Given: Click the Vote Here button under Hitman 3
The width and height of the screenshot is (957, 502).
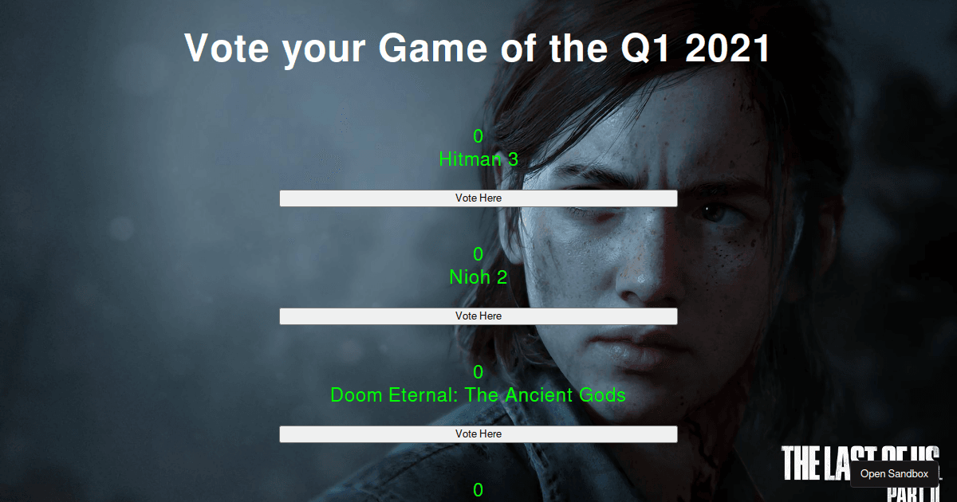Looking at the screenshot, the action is click(478, 198).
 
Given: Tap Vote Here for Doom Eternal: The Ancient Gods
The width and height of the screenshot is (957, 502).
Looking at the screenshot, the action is click(478, 434).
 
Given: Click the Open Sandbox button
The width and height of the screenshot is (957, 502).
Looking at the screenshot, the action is click(894, 474).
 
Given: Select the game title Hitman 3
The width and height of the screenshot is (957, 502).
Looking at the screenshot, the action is click(478, 159).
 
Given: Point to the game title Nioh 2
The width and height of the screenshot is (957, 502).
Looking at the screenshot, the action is click(478, 277).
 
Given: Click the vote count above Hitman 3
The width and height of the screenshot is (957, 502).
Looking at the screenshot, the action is click(478, 136).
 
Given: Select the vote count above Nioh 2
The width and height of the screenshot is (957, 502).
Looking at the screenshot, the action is click(478, 254).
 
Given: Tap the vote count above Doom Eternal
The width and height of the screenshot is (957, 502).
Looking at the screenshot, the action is click(478, 372).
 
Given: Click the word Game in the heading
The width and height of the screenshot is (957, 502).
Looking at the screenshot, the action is click(433, 49).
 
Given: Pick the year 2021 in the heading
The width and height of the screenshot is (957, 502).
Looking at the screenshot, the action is click(727, 49).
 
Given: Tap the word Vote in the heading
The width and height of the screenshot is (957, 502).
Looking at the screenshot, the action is click(226, 49).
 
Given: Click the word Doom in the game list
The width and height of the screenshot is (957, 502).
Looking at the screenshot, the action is click(356, 395).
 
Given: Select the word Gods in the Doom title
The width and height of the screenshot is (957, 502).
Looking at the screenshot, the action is click(602, 395).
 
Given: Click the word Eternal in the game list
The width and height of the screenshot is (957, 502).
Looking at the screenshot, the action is click(423, 395).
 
